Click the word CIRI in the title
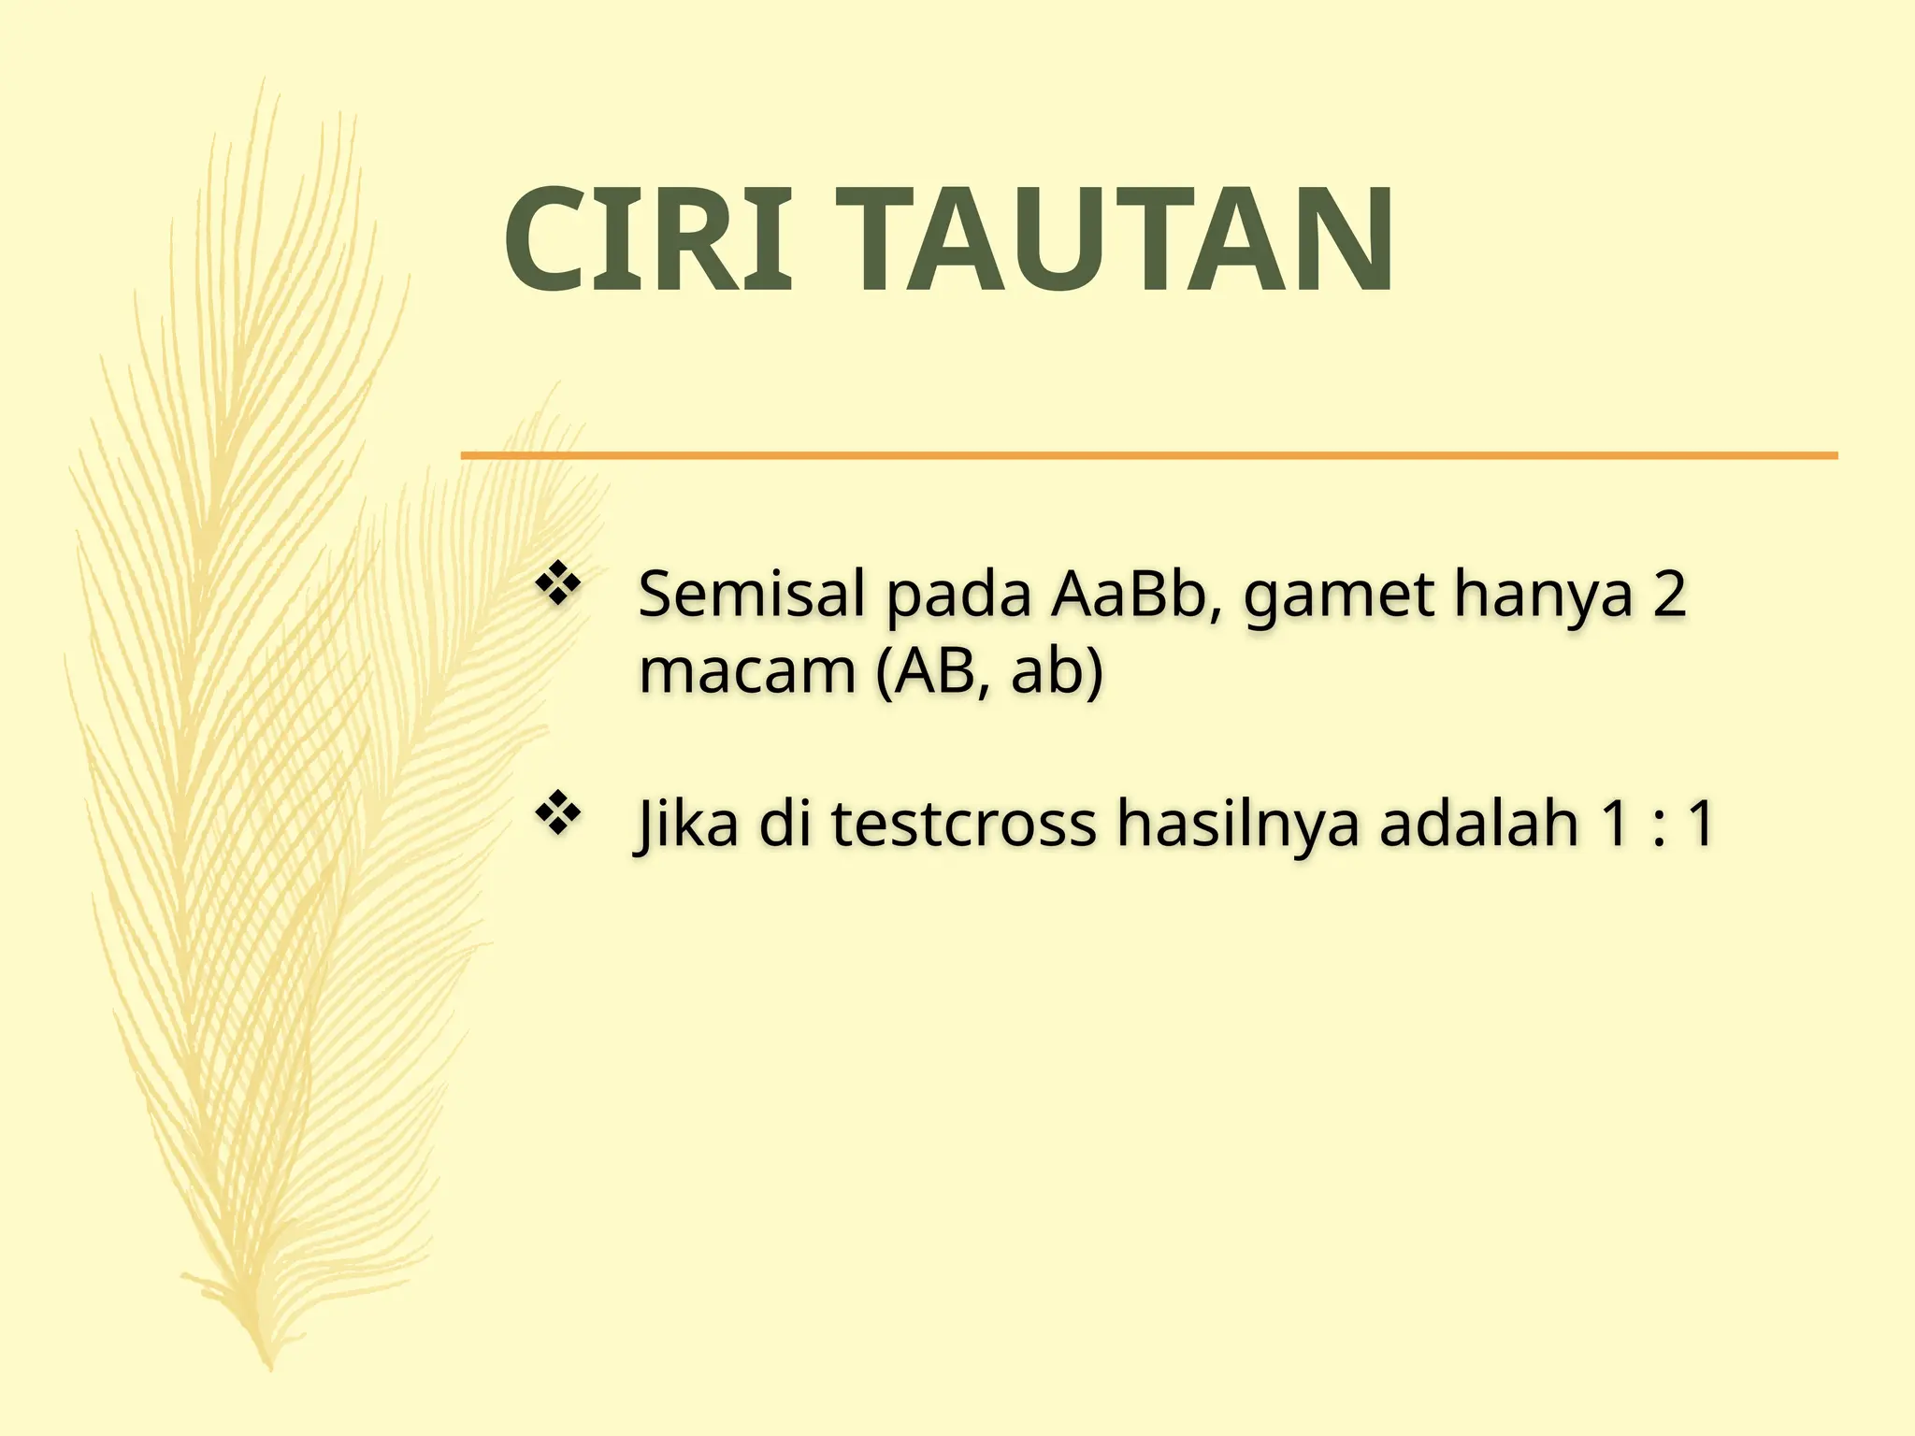point(648,239)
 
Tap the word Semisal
point(751,595)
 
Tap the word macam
point(747,673)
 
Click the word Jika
point(687,825)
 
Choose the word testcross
point(963,825)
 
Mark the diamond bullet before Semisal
point(558,585)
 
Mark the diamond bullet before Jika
point(558,813)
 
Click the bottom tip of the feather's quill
point(269,1367)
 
